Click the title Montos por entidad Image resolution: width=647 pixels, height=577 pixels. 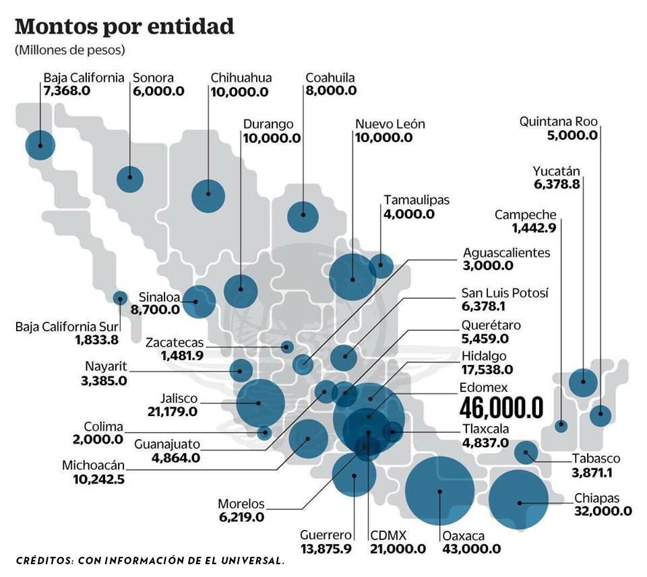[125, 27]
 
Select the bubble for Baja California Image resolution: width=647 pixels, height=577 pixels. [40, 145]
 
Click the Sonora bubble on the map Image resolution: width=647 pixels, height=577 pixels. [129, 178]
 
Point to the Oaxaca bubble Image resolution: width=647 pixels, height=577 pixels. [439, 490]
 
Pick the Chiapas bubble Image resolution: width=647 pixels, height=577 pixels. [518, 501]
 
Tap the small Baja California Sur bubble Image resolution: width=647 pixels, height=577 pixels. [120, 297]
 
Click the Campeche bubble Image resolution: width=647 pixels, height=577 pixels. [561, 425]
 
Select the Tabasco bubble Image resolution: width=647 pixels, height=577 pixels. [526, 452]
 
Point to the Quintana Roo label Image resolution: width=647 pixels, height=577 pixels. [558, 122]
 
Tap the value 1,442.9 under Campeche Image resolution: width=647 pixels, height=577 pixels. [534, 228]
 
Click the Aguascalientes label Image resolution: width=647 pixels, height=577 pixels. [506, 252]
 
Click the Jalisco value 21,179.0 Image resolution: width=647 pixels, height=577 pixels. [172, 410]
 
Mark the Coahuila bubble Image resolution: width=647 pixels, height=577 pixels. [303, 216]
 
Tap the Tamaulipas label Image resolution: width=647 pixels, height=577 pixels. [416, 200]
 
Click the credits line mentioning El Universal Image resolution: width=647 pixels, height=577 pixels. [150, 560]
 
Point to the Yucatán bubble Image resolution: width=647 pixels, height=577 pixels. [583, 382]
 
